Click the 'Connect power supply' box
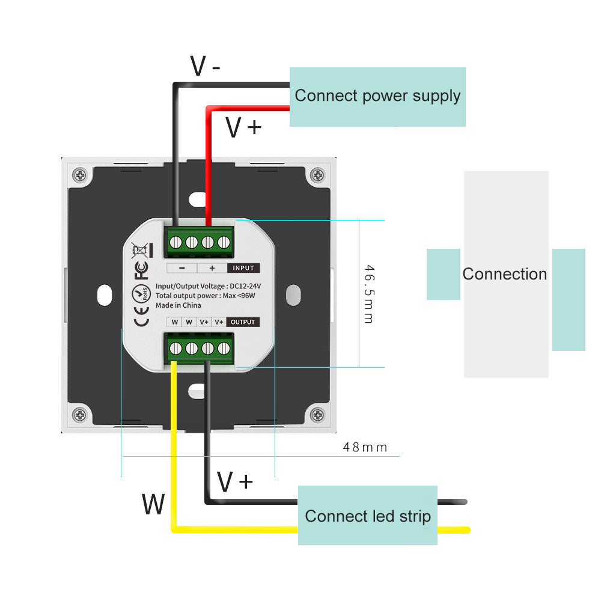pos(377,96)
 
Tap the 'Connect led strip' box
pos(368,516)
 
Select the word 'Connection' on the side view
pos(505,274)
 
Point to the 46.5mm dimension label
pos(369,294)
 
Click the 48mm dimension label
pos(365,447)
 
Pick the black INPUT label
pos(243,268)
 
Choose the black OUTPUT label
pos(243,322)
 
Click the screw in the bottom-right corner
pos(316,414)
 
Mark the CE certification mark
pos(141,317)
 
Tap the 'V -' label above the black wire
pos(205,66)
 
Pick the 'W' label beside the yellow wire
pos(153,505)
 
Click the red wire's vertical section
pos(208,168)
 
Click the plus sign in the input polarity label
pos(212,268)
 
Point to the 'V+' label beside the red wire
pos(243,127)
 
